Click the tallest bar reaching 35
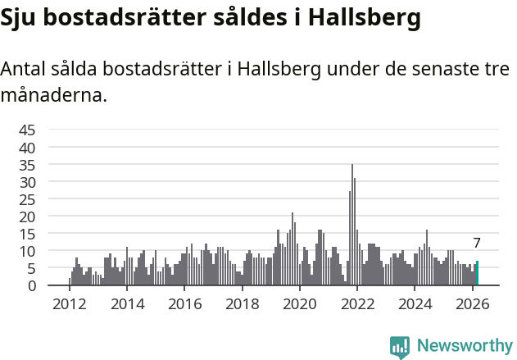tap(352, 226)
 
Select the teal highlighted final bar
tap(477, 274)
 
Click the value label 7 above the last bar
tap(477, 243)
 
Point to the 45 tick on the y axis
tap(27, 130)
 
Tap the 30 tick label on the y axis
tap(27, 182)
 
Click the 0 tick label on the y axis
tap(31, 285)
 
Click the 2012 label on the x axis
tap(69, 304)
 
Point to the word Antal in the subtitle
tap(25, 70)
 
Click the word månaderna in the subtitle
tap(53, 95)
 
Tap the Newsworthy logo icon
tap(400, 347)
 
